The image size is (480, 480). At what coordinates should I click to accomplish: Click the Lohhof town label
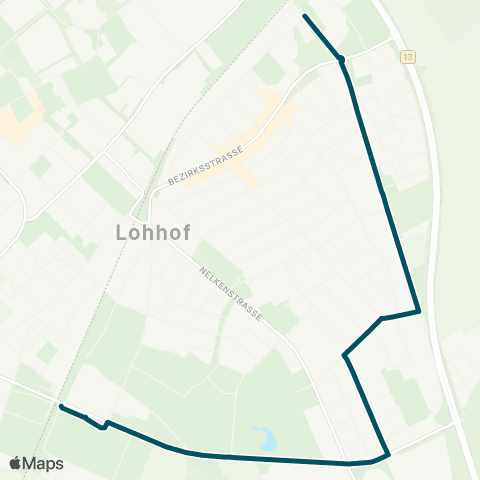click(146, 235)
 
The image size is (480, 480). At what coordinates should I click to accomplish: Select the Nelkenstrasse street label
click(232, 293)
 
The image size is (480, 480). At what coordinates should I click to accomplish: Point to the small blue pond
click(264, 437)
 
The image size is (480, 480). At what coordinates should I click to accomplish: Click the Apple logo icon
click(15, 463)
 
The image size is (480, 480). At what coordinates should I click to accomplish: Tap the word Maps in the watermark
click(44, 464)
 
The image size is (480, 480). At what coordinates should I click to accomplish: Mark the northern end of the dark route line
click(304, 16)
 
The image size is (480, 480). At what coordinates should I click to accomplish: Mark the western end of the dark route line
click(61, 406)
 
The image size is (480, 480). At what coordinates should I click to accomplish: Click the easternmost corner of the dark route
click(418, 311)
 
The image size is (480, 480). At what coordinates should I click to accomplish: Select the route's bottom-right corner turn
click(388, 455)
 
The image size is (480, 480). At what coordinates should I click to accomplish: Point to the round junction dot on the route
click(342, 59)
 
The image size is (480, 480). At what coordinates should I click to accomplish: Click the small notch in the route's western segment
click(103, 427)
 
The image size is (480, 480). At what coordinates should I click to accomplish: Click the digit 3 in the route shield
click(410, 57)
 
